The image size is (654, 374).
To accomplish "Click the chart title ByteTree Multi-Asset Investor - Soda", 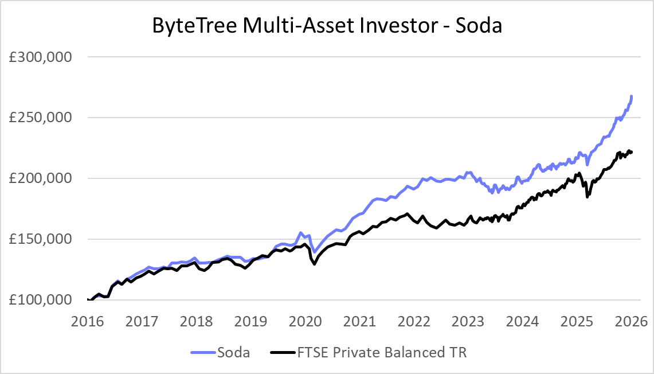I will tap(327, 26).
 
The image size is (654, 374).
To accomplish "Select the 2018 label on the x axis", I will tap(195, 320).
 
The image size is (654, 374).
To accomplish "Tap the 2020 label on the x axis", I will tap(304, 320).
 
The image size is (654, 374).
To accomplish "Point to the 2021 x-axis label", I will tap(359, 320).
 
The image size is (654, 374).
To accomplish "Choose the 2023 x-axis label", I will tap(468, 320).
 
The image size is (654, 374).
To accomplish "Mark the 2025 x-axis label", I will tap(577, 320).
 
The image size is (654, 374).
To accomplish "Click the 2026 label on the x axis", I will tap(631, 320).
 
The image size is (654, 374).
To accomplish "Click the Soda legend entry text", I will tap(233, 352).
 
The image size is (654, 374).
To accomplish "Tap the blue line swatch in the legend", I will tap(201, 352).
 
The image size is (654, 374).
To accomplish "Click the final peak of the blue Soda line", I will tap(632, 96).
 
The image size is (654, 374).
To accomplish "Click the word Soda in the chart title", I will tap(478, 26).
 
